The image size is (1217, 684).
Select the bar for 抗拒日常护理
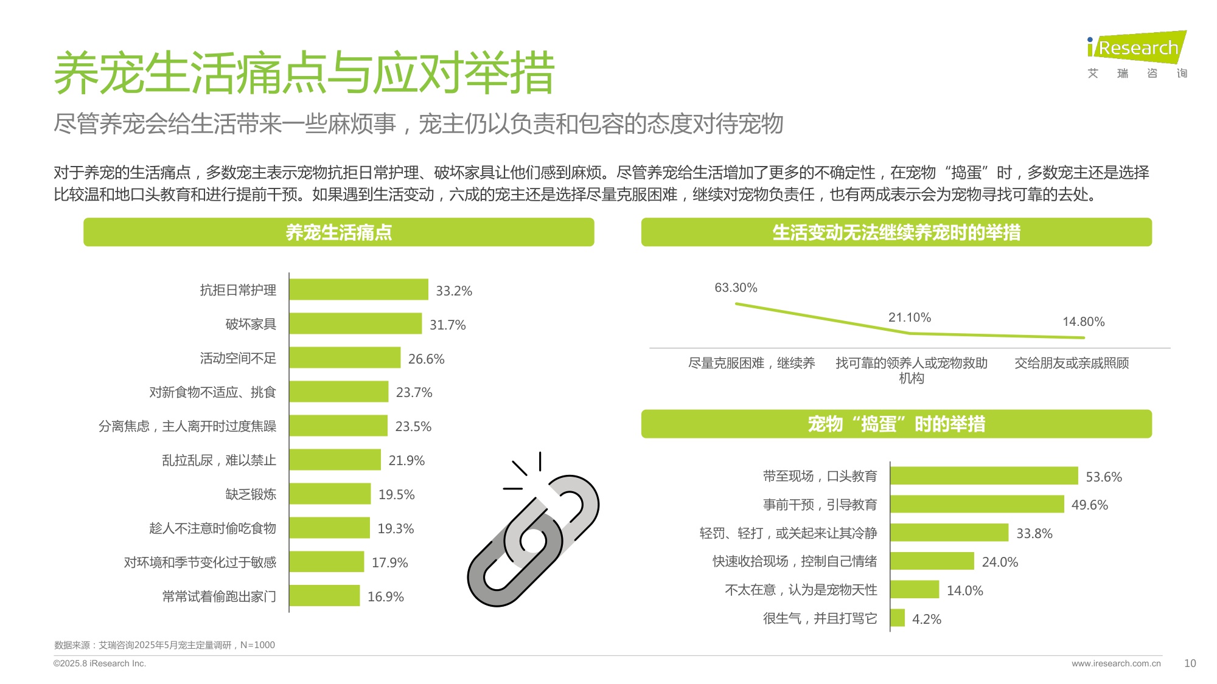point(358,289)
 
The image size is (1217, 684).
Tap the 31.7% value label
point(447,325)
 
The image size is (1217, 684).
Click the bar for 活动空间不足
point(344,358)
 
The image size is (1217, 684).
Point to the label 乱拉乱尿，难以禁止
point(218,460)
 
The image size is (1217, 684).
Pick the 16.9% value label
point(385,596)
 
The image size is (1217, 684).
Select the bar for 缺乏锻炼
point(330,494)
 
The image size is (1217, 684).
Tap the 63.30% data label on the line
point(735,288)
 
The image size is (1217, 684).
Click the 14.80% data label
point(1083,322)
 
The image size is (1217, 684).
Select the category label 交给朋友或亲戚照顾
point(1071,363)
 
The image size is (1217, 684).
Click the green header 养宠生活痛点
point(338,232)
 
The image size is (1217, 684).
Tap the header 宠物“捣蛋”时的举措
point(896,424)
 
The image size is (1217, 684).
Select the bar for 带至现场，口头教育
point(983,475)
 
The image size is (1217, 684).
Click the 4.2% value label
point(926,619)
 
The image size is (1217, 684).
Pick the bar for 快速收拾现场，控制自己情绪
point(932,561)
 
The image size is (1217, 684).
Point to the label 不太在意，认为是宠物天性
point(801,590)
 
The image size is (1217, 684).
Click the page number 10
point(1190,663)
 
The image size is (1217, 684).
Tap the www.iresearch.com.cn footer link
point(1116,663)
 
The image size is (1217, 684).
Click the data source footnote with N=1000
point(164,645)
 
